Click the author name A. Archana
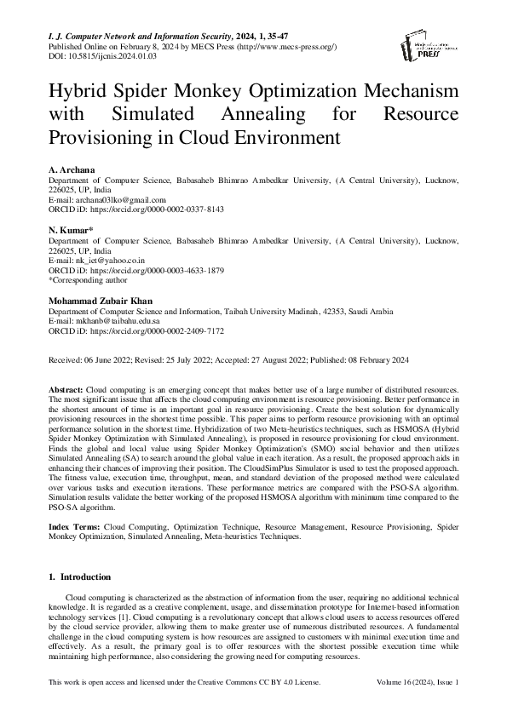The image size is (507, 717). pyautogui.click(x=71, y=171)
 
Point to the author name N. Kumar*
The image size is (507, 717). pyautogui.click(x=70, y=231)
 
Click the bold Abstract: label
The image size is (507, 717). pyautogui.click(x=66, y=387)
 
